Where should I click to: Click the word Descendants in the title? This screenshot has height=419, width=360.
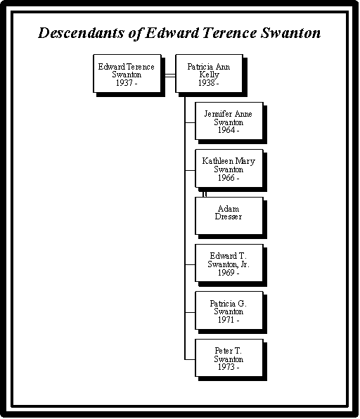[x=82, y=33]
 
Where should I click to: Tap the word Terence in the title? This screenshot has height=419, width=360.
[x=230, y=32]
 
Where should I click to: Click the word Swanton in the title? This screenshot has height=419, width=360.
[x=291, y=33]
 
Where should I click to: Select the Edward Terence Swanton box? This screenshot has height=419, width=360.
[x=127, y=74]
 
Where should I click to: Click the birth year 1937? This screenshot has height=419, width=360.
[x=124, y=83]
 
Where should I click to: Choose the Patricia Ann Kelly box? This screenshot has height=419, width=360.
[x=210, y=74]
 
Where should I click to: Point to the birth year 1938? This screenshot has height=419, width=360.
[x=206, y=83]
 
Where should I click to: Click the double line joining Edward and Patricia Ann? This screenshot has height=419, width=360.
[x=168, y=76]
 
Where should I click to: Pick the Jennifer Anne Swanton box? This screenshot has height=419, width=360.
[x=229, y=121]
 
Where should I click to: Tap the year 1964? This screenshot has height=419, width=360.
[x=226, y=130]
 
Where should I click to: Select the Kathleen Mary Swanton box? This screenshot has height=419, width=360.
[x=229, y=168]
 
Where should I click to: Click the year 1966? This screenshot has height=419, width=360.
[x=226, y=177]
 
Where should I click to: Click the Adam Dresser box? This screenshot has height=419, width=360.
[x=229, y=216]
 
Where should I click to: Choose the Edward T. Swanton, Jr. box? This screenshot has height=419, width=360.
[x=229, y=263]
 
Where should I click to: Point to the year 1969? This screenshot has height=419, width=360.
[x=226, y=273]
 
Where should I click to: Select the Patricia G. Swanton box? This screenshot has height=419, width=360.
[x=229, y=311]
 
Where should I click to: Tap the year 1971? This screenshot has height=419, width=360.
[x=226, y=320]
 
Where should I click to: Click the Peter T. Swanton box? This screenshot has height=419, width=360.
[x=229, y=358]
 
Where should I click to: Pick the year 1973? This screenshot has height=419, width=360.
[x=226, y=367]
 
